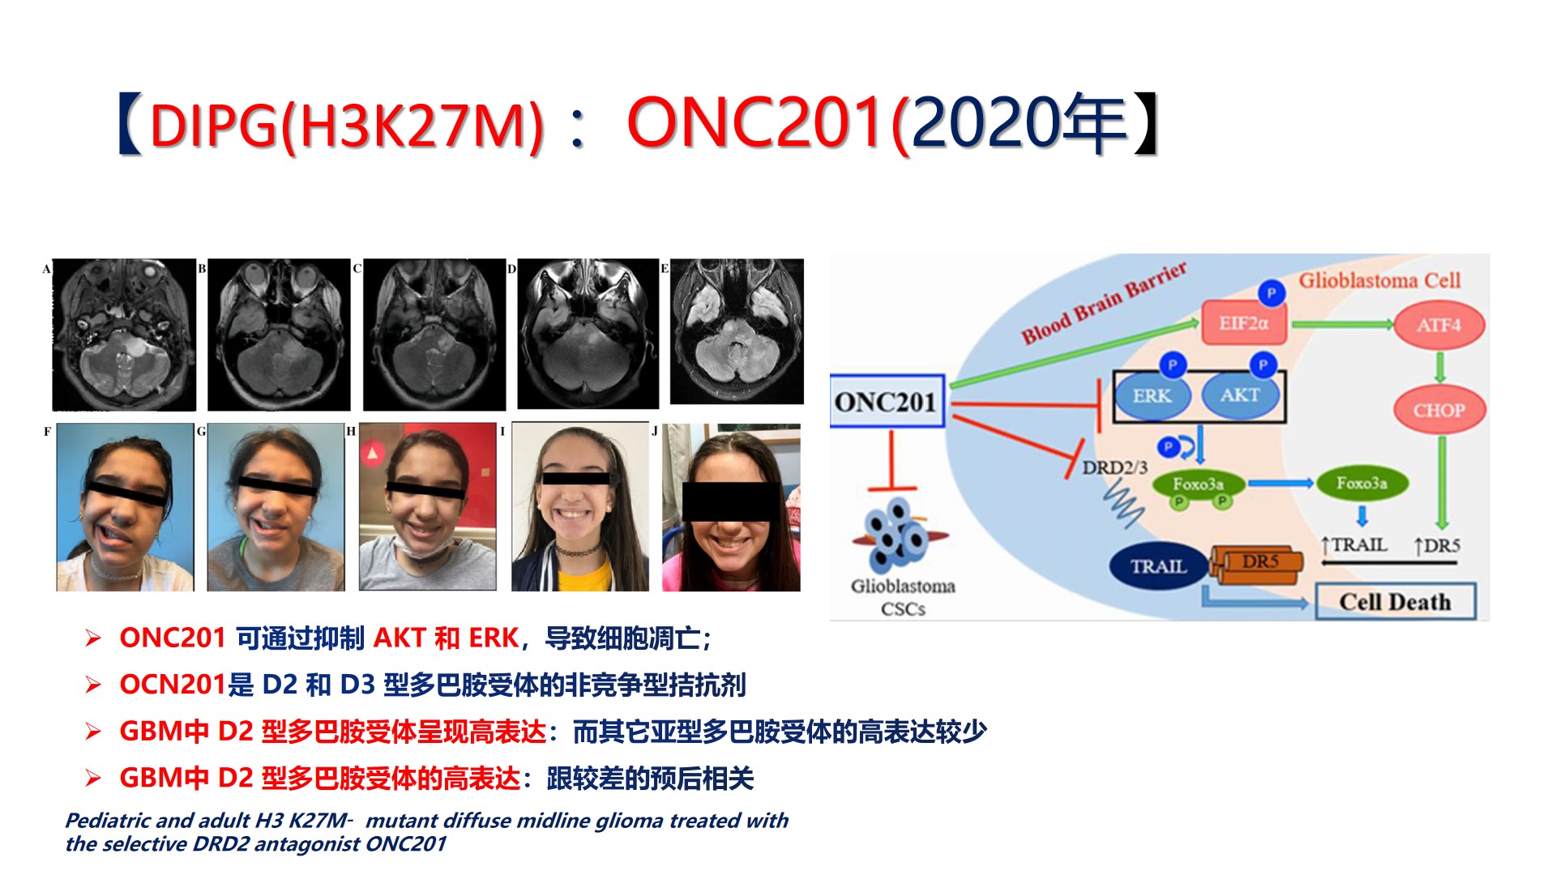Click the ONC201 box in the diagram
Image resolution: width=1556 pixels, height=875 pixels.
(x=887, y=401)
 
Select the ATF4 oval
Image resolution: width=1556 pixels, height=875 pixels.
(x=1439, y=325)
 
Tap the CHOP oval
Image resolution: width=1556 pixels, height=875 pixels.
(x=1439, y=410)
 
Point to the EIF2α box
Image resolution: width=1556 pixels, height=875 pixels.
(x=1243, y=323)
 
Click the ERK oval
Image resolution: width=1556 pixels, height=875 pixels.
(x=1152, y=396)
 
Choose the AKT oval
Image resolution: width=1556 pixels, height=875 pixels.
(x=1240, y=395)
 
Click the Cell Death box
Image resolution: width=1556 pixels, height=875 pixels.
(x=1395, y=602)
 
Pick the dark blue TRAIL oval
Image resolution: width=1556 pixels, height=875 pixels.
(x=1159, y=566)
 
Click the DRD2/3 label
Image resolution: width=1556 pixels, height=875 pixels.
(x=1115, y=467)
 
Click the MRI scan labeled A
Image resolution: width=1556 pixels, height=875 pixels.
(x=124, y=335)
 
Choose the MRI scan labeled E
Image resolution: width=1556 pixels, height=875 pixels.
(x=737, y=331)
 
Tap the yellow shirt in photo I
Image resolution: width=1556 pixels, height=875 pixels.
(x=580, y=575)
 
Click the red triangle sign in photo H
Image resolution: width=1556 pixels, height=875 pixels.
(x=372, y=454)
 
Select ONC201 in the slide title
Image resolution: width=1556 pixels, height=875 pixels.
(x=755, y=122)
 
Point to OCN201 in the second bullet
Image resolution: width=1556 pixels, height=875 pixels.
(x=171, y=685)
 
